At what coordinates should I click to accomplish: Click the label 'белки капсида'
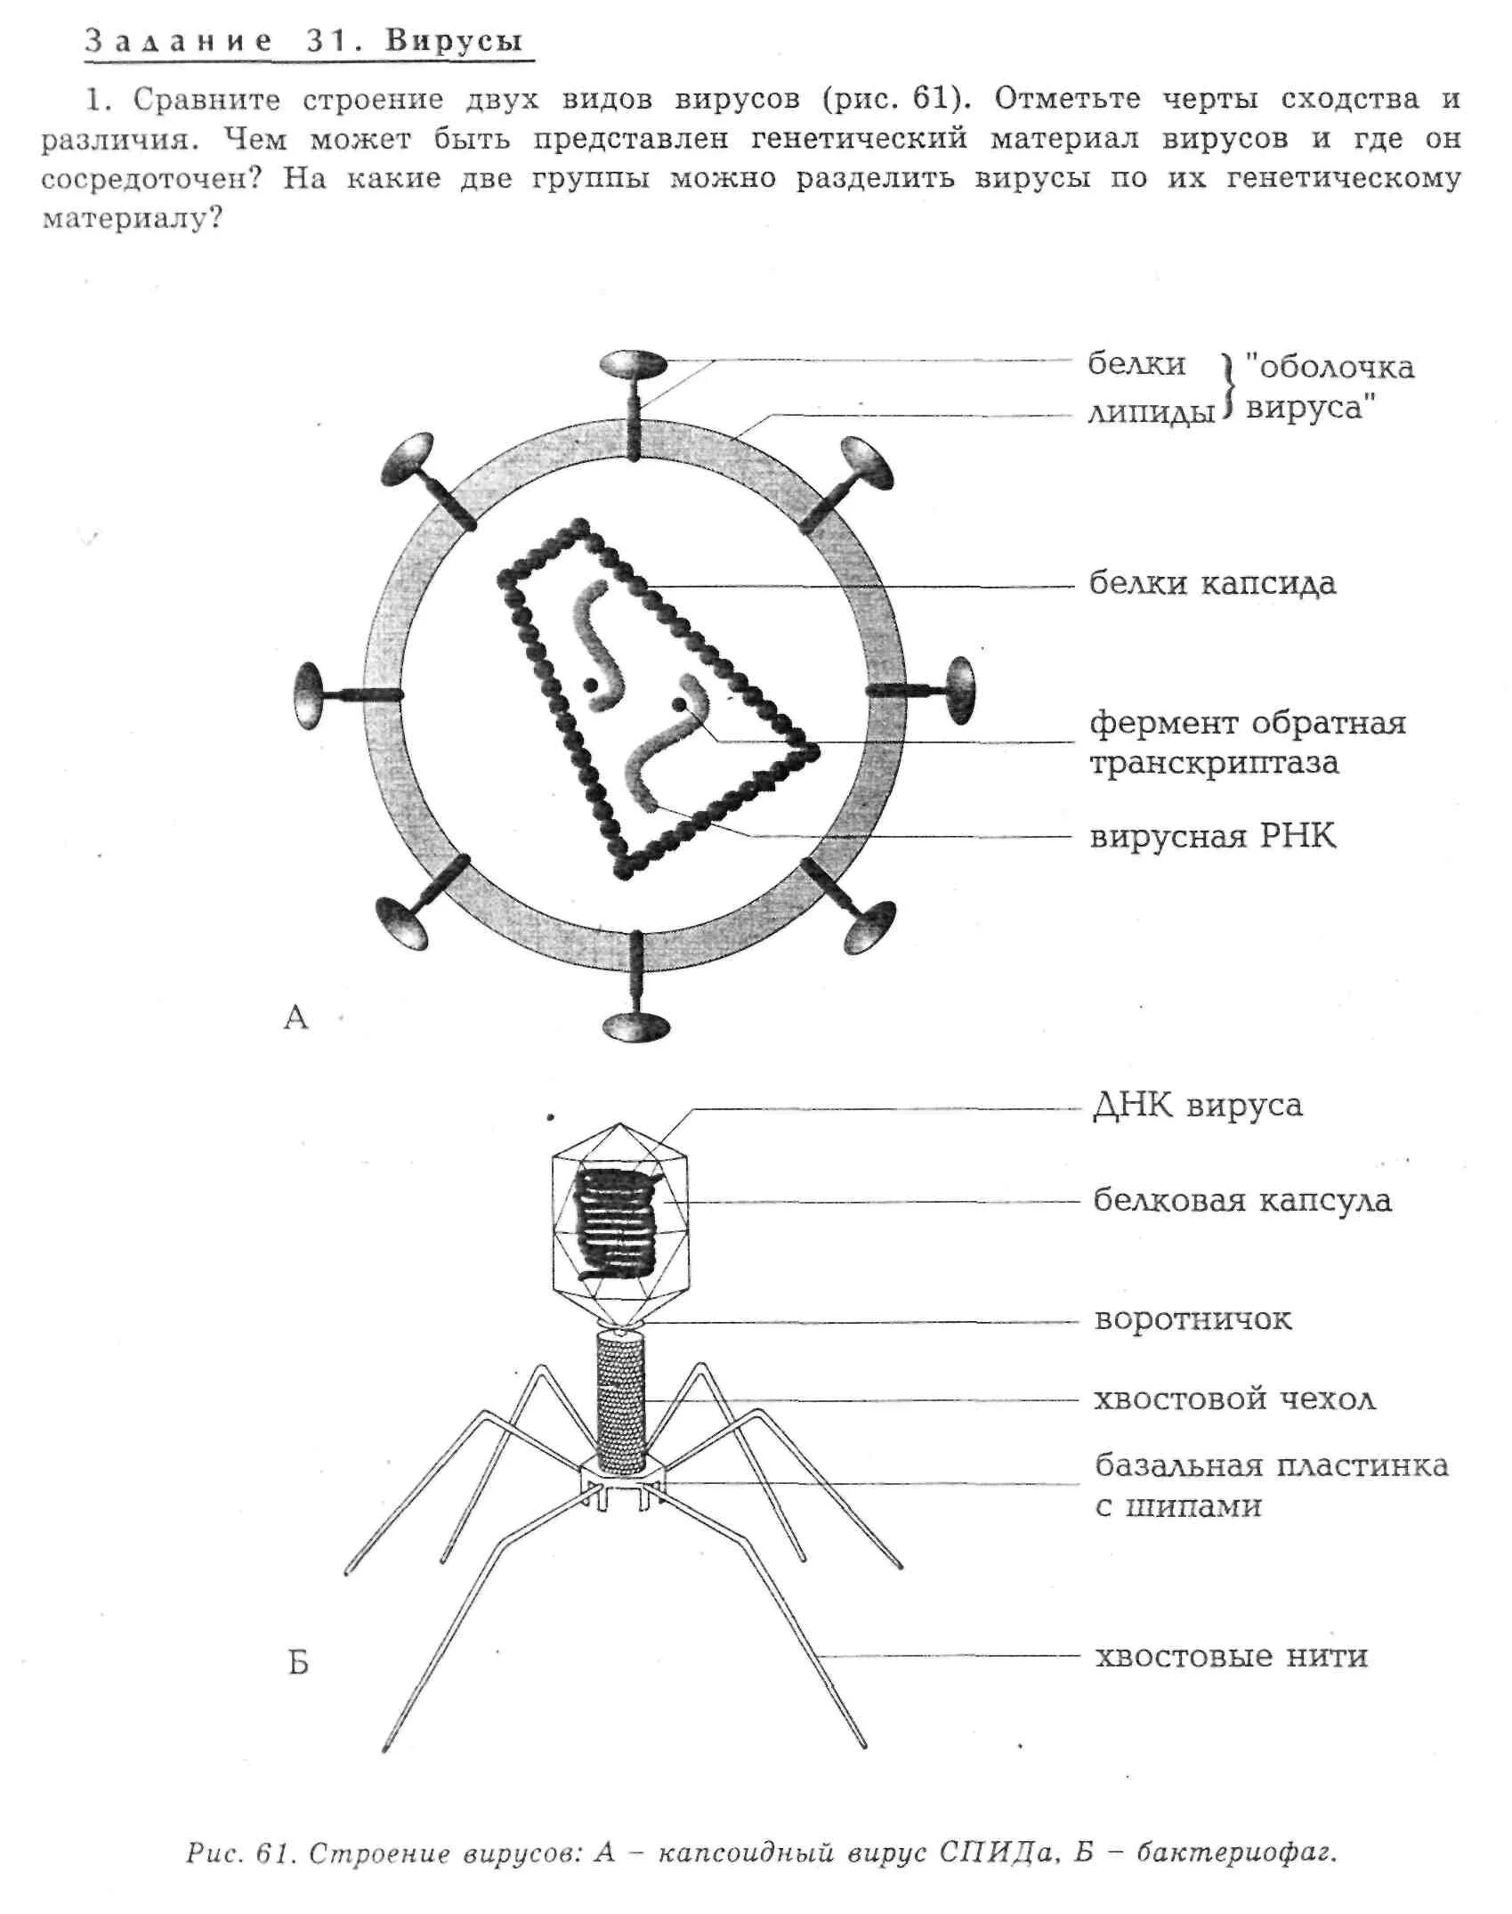point(1212,584)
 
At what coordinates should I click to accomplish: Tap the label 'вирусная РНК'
point(1212,837)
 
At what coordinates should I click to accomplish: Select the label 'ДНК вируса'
point(1197,1106)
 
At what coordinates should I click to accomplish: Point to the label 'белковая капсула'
point(1241,1200)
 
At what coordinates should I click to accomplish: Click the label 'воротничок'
point(1193,1318)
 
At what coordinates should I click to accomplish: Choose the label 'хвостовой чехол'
point(1234,1399)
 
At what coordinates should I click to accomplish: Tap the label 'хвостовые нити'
point(1231,1656)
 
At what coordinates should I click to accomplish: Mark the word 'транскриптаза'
point(1214,764)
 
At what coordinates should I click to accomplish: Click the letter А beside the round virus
point(295,1017)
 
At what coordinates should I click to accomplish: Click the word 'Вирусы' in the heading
point(454,41)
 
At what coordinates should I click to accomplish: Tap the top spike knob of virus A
point(633,363)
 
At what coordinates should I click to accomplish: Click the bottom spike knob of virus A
point(635,1026)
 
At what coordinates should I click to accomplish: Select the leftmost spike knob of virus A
point(309,695)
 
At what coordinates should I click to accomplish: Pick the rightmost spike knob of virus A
point(961,690)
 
